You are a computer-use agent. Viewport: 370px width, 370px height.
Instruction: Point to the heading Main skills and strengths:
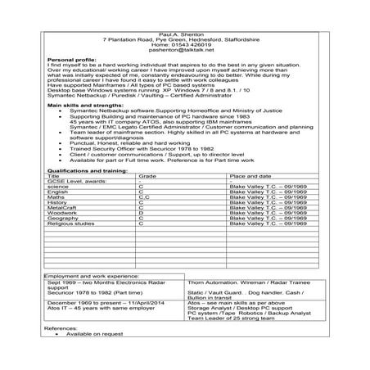click(x=81, y=106)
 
